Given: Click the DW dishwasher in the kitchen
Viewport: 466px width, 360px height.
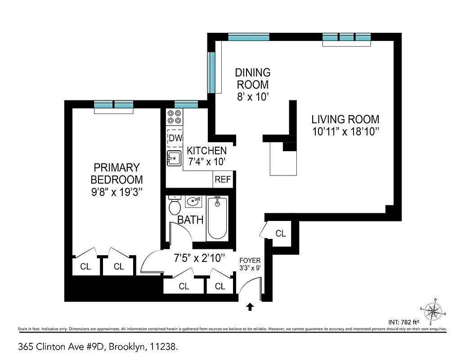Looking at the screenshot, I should (175, 138).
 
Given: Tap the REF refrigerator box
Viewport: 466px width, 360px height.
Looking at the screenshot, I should (222, 180).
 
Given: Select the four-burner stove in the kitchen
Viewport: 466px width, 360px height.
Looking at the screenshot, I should (175, 117).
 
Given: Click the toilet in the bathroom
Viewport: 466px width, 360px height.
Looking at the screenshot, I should (174, 207).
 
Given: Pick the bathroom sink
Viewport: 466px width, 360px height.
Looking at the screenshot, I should (193, 202).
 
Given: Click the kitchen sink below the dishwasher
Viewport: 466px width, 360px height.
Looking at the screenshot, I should (174, 158).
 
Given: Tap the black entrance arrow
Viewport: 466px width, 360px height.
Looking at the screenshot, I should (250, 307).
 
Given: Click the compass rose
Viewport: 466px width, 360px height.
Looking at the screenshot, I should (433, 311).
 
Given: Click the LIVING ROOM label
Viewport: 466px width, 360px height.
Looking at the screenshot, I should (345, 120).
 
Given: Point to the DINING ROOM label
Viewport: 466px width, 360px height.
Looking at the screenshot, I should (253, 78).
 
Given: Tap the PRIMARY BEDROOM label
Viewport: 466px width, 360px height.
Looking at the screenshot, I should (116, 174).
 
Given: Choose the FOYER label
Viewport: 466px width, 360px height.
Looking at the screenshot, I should (250, 261).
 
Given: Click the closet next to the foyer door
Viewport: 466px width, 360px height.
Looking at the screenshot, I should (280, 234).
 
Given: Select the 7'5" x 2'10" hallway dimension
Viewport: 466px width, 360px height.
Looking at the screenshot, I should (199, 258).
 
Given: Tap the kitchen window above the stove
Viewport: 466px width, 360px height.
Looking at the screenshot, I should (186, 104).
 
